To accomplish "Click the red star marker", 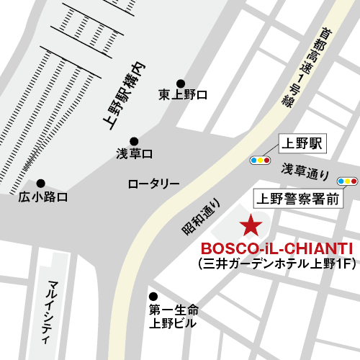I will tap(251, 225).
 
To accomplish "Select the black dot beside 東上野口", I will tap(181, 83).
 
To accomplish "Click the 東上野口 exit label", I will tap(183, 95).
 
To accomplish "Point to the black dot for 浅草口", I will tap(134, 141).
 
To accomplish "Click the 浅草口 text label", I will tap(135, 153).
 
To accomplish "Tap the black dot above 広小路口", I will tap(41, 183).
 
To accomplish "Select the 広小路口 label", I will tap(43, 197).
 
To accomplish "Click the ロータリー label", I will tap(153, 184).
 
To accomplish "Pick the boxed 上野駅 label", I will tap(302, 143).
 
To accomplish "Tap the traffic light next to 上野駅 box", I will tap(260, 160).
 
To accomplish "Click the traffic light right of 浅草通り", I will tap(348, 181).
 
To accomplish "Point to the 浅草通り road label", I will tap(305, 173).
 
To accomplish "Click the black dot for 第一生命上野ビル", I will tap(153, 296).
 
